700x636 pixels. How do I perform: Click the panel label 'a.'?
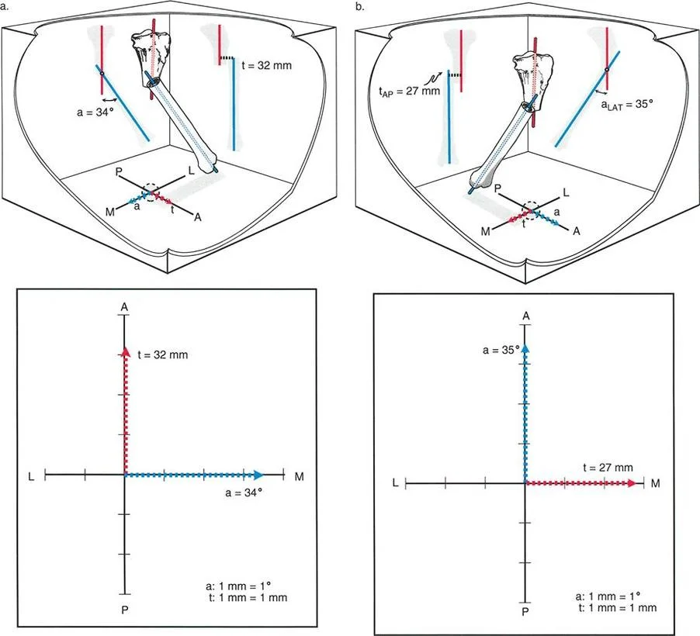pyautogui.click(x=8, y=7)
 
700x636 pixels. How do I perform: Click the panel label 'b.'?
pyautogui.click(x=359, y=7)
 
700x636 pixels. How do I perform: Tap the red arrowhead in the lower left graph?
pyautogui.click(x=124, y=353)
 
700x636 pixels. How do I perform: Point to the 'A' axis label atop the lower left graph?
pyautogui.click(x=124, y=308)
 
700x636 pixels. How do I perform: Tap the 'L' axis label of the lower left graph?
pyautogui.click(x=32, y=475)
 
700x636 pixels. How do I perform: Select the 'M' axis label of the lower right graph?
pyautogui.click(x=656, y=483)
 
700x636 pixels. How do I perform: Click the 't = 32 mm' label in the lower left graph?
pyautogui.click(x=162, y=355)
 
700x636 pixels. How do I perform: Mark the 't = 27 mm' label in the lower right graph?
pyautogui.click(x=608, y=468)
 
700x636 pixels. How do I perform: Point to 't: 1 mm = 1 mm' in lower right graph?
pyautogui.click(x=618, y=607)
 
